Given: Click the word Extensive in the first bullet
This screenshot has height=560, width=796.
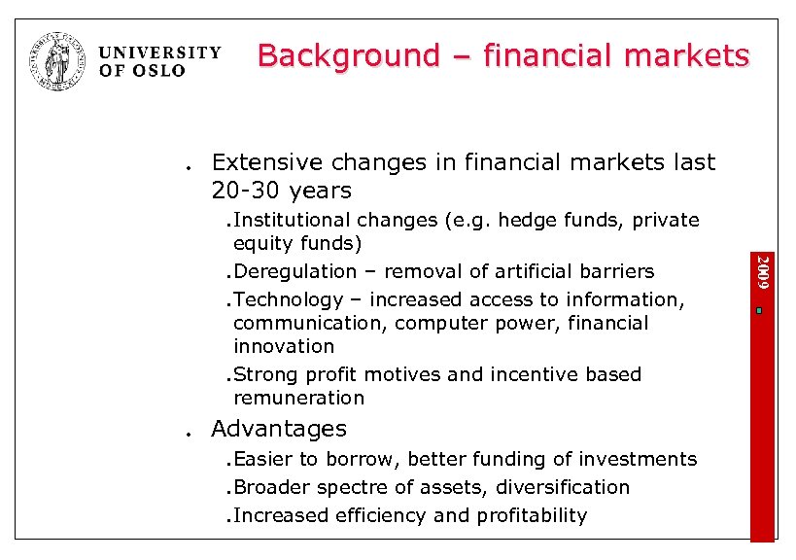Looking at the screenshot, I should click(x=265, y=162).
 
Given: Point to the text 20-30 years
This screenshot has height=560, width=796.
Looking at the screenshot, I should click(x=281, y=190).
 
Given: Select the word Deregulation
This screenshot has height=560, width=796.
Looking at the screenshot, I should click(x=295, y=271).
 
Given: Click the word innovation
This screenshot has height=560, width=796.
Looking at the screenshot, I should click(x=284, y=346).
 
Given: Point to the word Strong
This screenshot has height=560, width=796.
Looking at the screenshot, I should click(x=265, y=374).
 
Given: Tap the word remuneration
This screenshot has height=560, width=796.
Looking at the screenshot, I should click(x=298, y=398).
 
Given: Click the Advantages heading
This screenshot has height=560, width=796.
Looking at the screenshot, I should click(x=278, y=429).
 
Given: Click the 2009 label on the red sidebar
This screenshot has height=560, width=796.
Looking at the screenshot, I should click(x=763, y=272).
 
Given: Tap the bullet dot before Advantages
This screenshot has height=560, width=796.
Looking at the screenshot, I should click(x=185, y=435).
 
